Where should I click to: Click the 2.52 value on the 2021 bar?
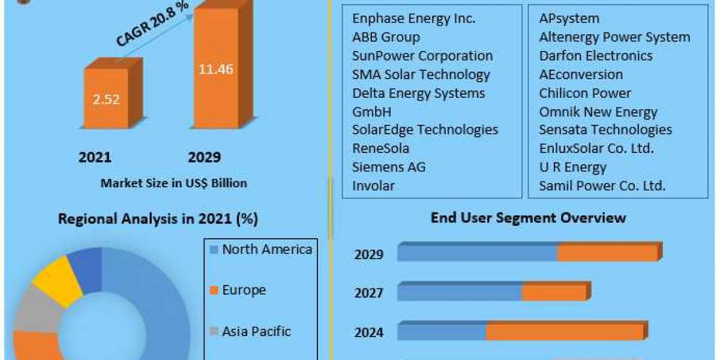(106, 99)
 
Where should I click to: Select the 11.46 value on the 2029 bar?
(216, 68)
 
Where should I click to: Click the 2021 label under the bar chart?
(95, 157)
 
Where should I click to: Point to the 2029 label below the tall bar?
(204, 157)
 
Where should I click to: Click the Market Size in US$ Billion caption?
(173, 183)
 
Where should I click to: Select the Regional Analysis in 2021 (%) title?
(158, 219)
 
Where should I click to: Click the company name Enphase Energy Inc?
(414, 19)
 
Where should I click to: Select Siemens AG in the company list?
(389, 167)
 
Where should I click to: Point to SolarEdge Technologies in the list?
(425, 130)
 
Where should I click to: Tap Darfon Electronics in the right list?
(595, 56)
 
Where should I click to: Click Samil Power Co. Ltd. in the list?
(602, 185)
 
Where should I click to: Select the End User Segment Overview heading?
(528, 218)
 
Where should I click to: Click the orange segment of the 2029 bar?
(607, 253)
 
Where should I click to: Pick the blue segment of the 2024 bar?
(441, 332)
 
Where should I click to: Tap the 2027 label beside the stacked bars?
(368, 293)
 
